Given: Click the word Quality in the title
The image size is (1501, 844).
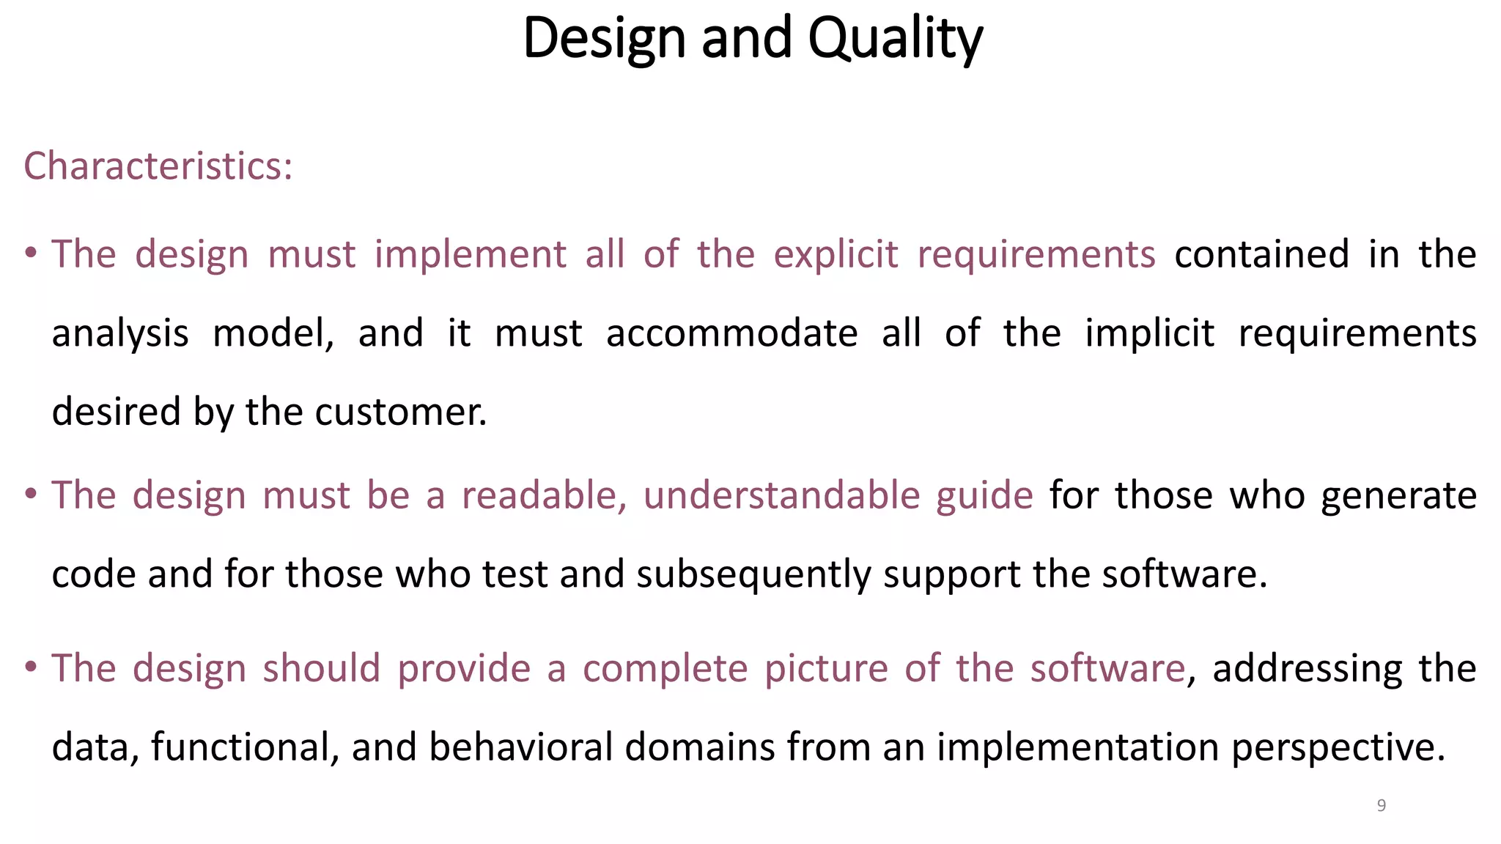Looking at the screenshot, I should click(x=895, y=38).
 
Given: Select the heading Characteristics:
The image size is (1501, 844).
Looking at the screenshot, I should click(x=158, y=166).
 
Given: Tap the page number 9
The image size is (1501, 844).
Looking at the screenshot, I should click(x=1382, y=806).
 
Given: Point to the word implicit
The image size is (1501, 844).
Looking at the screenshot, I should click(x=1149, y=333).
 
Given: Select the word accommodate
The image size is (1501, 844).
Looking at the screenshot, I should click(x=731, y=333).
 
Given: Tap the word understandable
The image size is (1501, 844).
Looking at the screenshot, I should click(x=781, y=495).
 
